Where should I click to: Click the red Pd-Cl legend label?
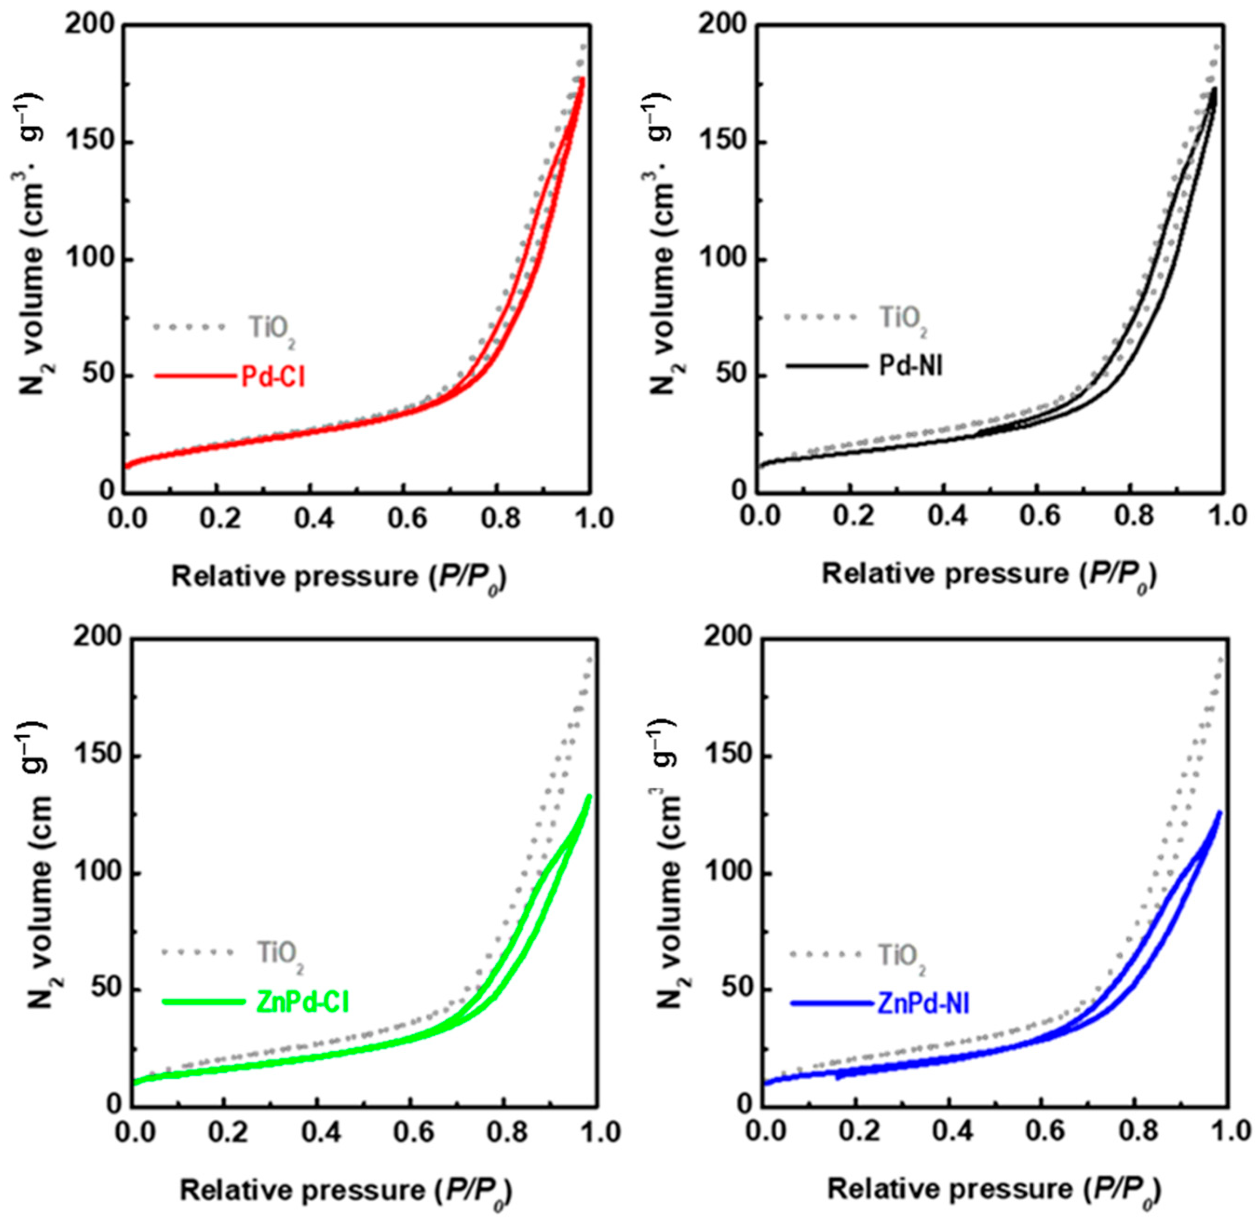point(273,377)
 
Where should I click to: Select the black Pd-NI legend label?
point(910,366)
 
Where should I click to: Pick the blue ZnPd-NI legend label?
point(922,1003)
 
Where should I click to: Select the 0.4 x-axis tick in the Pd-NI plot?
point(944,518)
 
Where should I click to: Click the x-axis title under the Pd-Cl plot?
point(339,577)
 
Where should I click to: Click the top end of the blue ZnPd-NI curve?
point(1219,813)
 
